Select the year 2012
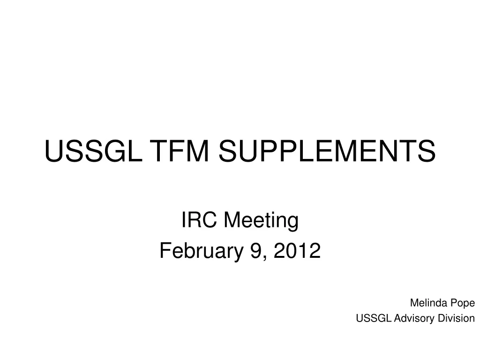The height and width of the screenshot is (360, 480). (x=297, y=251)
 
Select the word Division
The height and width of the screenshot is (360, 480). (x=454, y=318)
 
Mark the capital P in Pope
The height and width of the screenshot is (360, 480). (x=452, y=303)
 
